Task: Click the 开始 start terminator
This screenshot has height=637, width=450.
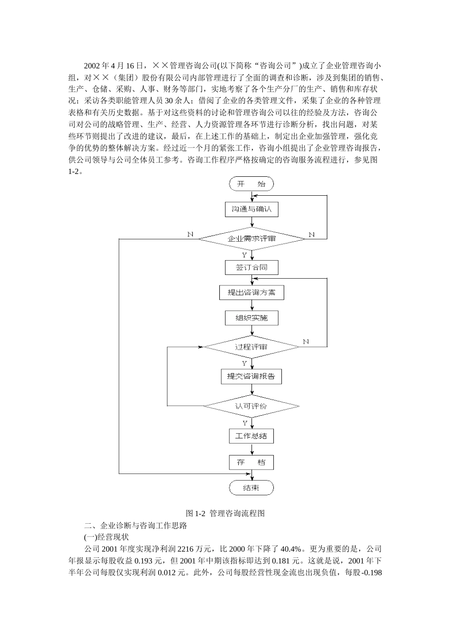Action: tap(252, 184)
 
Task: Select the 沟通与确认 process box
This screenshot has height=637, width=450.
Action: tap(252, 209)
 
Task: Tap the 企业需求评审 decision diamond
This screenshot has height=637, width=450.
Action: tap(252, 238)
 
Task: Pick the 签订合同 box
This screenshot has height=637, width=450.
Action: tap(252, 267)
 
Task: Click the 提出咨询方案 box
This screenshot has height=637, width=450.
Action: tap(252, 292)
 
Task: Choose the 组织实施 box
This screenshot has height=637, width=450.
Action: tap(252, 318)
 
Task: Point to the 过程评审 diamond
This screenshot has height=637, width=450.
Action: tap(252, 347)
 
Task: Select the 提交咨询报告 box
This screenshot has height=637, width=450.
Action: tap(252, 376)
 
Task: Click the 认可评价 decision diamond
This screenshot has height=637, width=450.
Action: tap(252, 406)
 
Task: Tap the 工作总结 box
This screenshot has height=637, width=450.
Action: tap(252, 436)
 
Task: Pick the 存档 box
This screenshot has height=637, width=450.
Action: tap(252, 463)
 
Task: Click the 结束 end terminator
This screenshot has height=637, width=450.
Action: tap(252, 488)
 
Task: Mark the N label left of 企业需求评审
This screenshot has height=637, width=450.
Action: tap(190, 234)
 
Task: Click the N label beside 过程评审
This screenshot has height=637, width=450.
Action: tap(306, 342)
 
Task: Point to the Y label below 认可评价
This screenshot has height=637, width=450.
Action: tap(245, 423)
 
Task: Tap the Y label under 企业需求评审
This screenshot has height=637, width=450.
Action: tap(244, 255)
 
